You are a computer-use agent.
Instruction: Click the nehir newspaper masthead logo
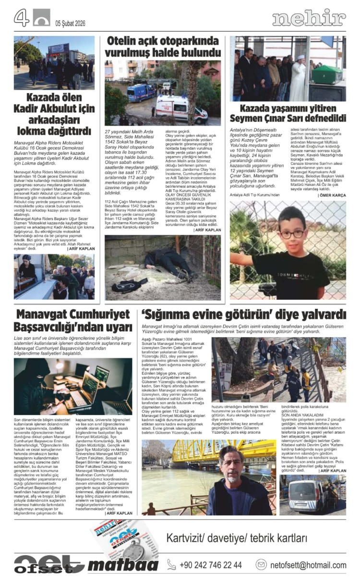tap(309, 18)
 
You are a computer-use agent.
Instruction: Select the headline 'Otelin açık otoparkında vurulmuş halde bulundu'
tap(163, 47)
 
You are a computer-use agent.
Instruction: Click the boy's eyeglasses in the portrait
tap(292, 234)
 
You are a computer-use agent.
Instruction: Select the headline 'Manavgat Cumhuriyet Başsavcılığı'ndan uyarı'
tap(73, 321)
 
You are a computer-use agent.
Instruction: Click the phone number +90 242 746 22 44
tap(211, 565)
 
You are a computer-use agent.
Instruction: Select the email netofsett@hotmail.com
tap(308, 565)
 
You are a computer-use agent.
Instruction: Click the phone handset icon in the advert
tap(171, 565)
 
